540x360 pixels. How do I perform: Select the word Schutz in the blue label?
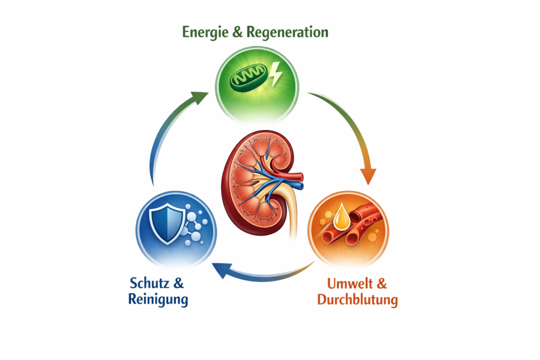click(x=149, y=283)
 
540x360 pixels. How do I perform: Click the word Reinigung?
click(x=158, y=300)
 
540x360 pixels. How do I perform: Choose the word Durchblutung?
click(x=357, y=300)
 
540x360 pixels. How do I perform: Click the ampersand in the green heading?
click(x=237, y=32)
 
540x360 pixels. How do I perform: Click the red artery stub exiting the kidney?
click(x=298, y=176)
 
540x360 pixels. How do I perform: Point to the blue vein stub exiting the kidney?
click(x=299, y=186)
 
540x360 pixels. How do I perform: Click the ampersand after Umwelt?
click(x=381, y=284)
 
